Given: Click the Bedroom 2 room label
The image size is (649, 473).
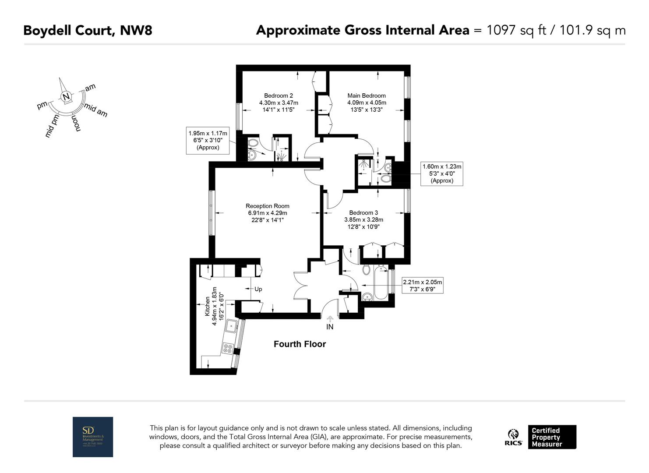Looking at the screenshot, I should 279,96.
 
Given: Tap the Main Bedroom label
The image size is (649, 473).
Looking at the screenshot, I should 367,96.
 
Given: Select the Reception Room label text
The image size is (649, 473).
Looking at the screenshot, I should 267,206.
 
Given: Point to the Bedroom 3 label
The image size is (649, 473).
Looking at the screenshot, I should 363,213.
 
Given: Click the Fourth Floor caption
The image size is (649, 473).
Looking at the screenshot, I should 300,344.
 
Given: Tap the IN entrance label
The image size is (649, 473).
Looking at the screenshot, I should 330,327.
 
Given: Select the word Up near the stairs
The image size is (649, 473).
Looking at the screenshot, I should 258,289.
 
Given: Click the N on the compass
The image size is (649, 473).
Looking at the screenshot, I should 66,97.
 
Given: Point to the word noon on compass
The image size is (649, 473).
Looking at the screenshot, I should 76,124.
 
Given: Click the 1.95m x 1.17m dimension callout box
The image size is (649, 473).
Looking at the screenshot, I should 208,140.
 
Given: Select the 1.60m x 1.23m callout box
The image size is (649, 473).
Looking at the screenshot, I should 441,173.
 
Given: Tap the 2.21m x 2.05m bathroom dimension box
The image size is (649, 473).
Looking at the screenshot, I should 423,286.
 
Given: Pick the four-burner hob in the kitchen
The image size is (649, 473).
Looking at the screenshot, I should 228,348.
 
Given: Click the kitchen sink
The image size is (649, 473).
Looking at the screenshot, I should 231,326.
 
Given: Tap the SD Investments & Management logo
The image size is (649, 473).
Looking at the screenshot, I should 93,437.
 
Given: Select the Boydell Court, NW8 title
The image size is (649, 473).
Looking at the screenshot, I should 88,31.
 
